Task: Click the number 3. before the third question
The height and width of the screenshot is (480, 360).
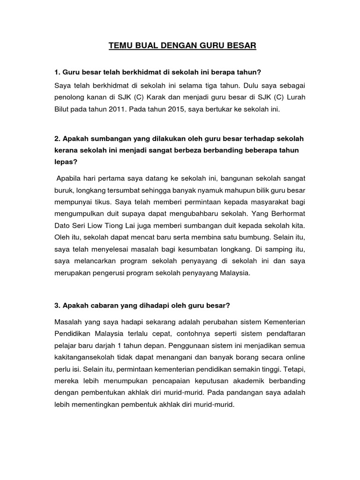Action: (58, 305)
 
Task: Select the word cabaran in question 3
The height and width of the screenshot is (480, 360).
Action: (106, 305)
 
